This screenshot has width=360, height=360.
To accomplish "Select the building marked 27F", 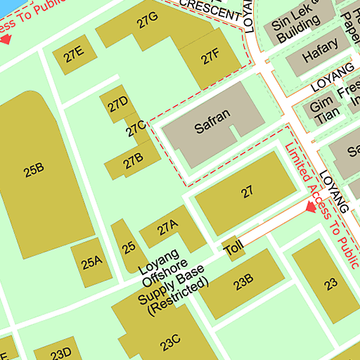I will point(210,58).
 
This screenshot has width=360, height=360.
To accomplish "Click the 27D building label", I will point(117,105).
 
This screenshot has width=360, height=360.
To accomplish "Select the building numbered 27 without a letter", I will point(246,192).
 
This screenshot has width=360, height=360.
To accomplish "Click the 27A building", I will point(167,228).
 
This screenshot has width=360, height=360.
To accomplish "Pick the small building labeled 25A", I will point(91,264).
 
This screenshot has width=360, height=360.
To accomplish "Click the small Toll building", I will point(233,248).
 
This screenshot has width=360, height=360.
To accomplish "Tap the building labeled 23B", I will point(243,283).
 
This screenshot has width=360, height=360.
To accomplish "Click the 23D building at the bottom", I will point(61,352).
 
